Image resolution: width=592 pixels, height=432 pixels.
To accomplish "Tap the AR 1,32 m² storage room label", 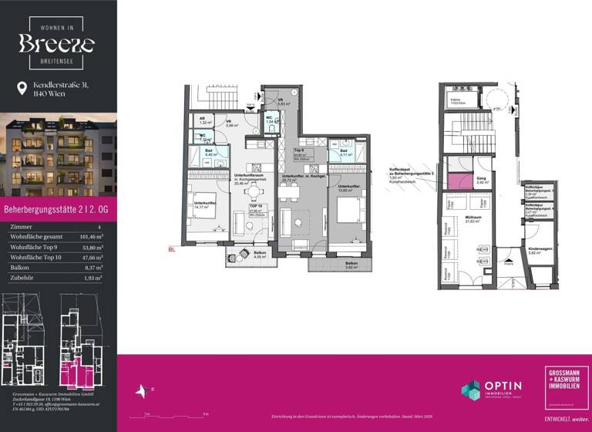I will pyautogui.click(x=205, y=121).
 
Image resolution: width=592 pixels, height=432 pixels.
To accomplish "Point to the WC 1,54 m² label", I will pyautogui.click(x=271, y=121).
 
